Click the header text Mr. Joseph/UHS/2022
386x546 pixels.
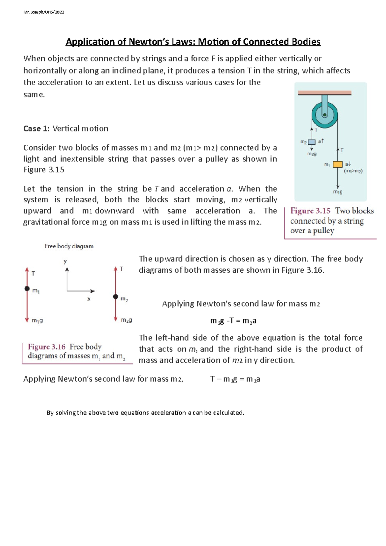(44, 12)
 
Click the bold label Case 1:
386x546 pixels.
(36, 129)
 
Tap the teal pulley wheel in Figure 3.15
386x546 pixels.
(325, 114)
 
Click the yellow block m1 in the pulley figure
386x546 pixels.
(337, 164)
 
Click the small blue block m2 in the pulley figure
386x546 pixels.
(311, 142)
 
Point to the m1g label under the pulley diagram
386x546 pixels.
(337, 192)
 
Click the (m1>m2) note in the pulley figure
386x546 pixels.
(353, 171)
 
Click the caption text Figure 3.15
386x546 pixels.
(310, 211)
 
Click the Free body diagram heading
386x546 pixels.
(69, 246)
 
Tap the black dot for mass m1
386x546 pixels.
(27, 289)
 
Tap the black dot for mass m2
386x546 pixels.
(115, 297)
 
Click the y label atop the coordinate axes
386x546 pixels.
(65, 262)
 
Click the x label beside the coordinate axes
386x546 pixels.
(89, 299)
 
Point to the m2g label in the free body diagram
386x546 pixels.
(126, 320)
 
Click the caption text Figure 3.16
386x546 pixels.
(46, 347)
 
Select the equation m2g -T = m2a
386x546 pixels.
(233, 321)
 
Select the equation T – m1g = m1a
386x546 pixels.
(235, 379)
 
